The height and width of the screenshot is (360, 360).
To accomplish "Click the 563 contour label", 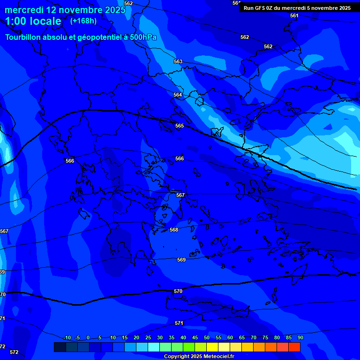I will pos(178,62).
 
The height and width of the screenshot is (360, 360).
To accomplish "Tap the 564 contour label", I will pos(178,95).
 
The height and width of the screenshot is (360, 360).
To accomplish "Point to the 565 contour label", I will pos(180,126).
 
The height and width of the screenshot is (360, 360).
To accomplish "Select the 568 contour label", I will pos(174,230).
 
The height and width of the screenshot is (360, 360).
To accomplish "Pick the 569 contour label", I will pos(181,260).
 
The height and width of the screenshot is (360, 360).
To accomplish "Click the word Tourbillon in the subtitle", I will pos(25,37).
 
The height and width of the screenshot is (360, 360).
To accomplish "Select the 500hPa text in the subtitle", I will pos(143,37).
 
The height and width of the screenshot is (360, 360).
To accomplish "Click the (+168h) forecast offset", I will pos(83,21).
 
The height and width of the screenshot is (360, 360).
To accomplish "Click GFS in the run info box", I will pos(260,8).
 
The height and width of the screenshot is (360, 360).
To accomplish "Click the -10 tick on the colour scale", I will pos(67,337).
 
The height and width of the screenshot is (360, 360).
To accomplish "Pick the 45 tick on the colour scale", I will pos(195,337).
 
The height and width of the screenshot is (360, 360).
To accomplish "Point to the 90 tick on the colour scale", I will pos(300,337).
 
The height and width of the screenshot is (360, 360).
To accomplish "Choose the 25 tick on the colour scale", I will pos(148,337).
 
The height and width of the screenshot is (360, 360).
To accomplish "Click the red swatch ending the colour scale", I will pos(294,347).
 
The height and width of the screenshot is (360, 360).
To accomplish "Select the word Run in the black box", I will pos(248,8).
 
